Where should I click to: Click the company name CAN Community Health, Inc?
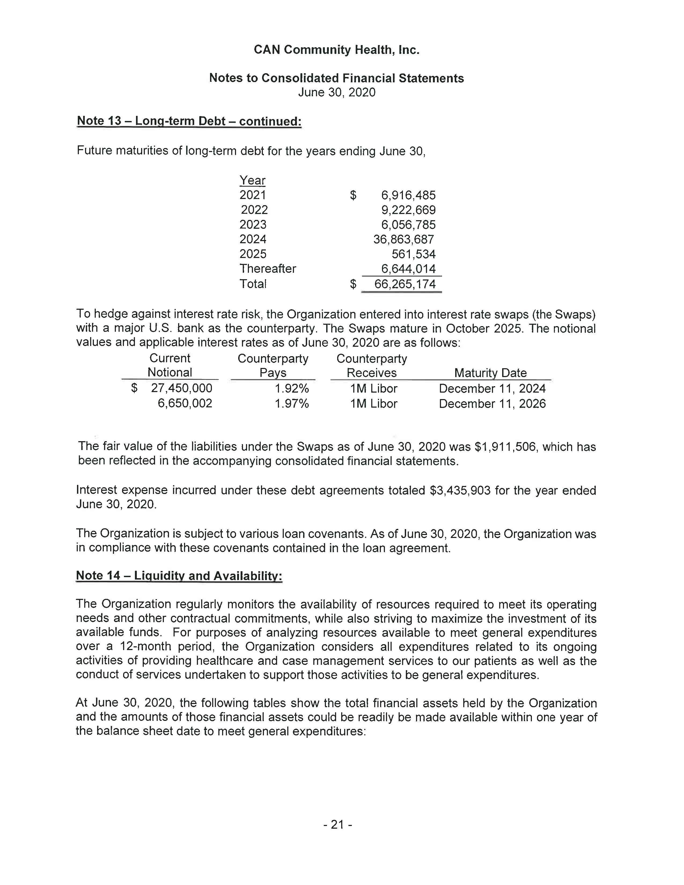pyautogui.click(x=336, y=50)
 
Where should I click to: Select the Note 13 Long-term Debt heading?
pyautogui.click(x=189, y=121)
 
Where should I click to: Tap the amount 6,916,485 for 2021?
pyautogui.click(x=408, y=195)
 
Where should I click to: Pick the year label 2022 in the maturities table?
pyautogui.click(x=254, y=210)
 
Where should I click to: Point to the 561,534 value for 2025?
pyautogui.click(x=413, y=254)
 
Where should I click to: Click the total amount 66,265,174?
pyautogui.click(x=405, y=284)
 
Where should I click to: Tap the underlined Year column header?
pyautogui.click(x=252, y=180)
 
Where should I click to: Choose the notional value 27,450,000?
pyautogui.click(x=182, y=388)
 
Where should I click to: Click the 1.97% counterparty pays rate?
pyautogui.click(x=292, y=404)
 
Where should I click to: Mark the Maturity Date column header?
pyautogui.click(x=490, y=373)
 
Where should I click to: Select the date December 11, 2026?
pyautogui.click(x=492, y=404)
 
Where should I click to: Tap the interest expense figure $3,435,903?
pyautogui.click(x=460, y=490)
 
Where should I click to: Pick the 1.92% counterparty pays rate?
pyautogui.click(x=292, y=389)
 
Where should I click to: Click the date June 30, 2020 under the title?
pyautogui.click(x=337, y=93)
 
